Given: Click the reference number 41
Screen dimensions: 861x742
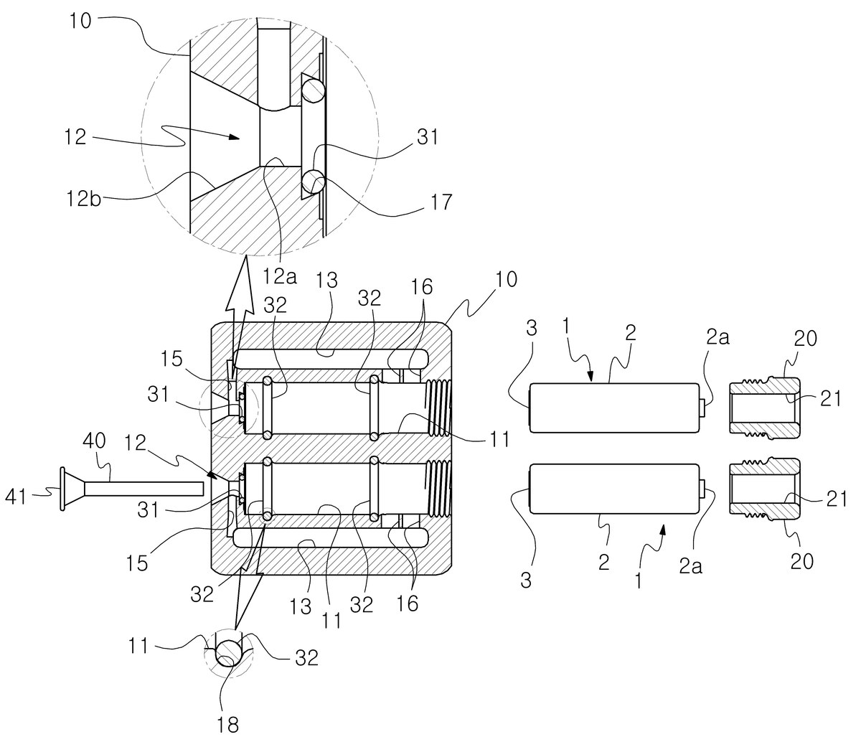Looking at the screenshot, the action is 16,497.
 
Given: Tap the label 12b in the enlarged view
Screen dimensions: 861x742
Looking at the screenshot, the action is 83,199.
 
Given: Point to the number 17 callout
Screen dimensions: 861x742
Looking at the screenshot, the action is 441,202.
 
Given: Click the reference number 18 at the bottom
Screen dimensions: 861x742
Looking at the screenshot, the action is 228,725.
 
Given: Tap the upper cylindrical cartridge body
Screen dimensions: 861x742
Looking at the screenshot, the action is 614,408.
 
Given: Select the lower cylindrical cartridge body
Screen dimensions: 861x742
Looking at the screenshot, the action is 614,489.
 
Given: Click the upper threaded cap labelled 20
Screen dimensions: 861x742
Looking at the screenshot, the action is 764,408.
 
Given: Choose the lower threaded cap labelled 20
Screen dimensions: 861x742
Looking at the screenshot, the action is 764,489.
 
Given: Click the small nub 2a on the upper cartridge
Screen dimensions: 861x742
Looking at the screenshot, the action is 702,408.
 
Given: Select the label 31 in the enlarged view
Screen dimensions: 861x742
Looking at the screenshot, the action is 428,137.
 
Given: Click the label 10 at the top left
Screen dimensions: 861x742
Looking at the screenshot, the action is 80,20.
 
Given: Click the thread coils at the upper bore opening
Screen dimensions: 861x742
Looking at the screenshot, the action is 438,408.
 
